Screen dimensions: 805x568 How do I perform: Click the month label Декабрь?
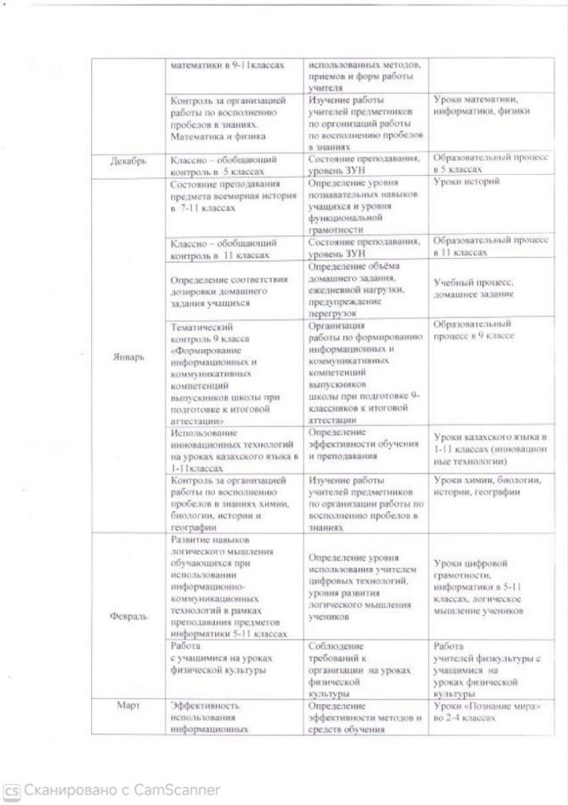pyautogui.click(x=128, y=162)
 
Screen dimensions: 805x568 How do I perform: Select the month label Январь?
pyautogui.click(x=128, y=357)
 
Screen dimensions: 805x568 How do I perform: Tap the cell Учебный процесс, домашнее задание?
pyautogui.click(x=474, y=289)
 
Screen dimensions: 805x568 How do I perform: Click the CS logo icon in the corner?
pyautogui.click(x=11, y=790)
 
